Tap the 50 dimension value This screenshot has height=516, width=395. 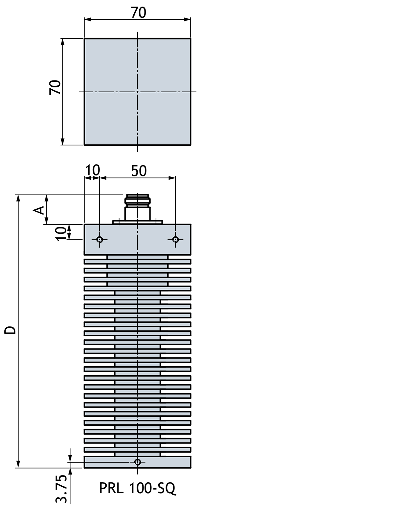click(x=139, y=171)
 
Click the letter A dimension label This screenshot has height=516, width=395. click(x=40, y=210)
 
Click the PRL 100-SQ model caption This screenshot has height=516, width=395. click(x=138, y=488)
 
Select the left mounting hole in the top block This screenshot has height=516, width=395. click(x=100, y=239)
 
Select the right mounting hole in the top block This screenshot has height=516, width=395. click(x=175, y=239)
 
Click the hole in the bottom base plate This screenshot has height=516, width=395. click(x=138, y=462)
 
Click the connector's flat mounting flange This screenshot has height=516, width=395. click(x=137, y=222)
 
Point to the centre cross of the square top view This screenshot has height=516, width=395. click(x=137, y=92)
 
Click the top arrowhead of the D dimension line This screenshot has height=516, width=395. click(x=18, y=198)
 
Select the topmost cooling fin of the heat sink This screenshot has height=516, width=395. click(x=137, y=262)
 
